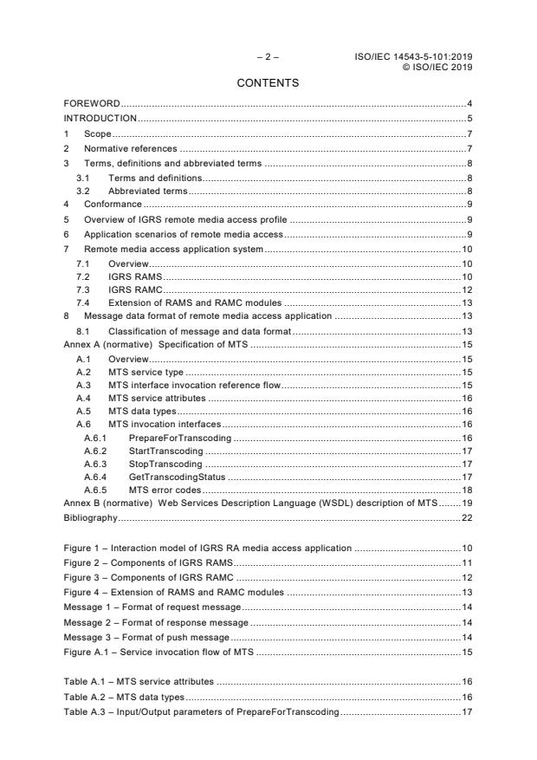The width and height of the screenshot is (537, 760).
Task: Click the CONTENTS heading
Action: click(x=268, y=83)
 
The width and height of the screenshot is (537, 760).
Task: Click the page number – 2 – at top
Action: click(x=268, y=57)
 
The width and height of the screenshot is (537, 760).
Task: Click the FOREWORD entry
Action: click(x=92, y=104)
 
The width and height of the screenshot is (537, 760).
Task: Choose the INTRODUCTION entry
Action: click(x=100, y=118)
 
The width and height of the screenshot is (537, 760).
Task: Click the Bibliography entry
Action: click(x=90, y=518)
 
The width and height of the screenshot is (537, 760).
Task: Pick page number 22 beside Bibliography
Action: click(x=466, y=518)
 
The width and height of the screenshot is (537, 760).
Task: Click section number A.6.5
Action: click(x=95, y=489)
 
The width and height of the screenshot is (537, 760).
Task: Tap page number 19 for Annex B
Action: click(x=466, y=503)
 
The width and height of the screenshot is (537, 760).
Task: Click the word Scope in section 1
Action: click(x=98, y=133)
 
